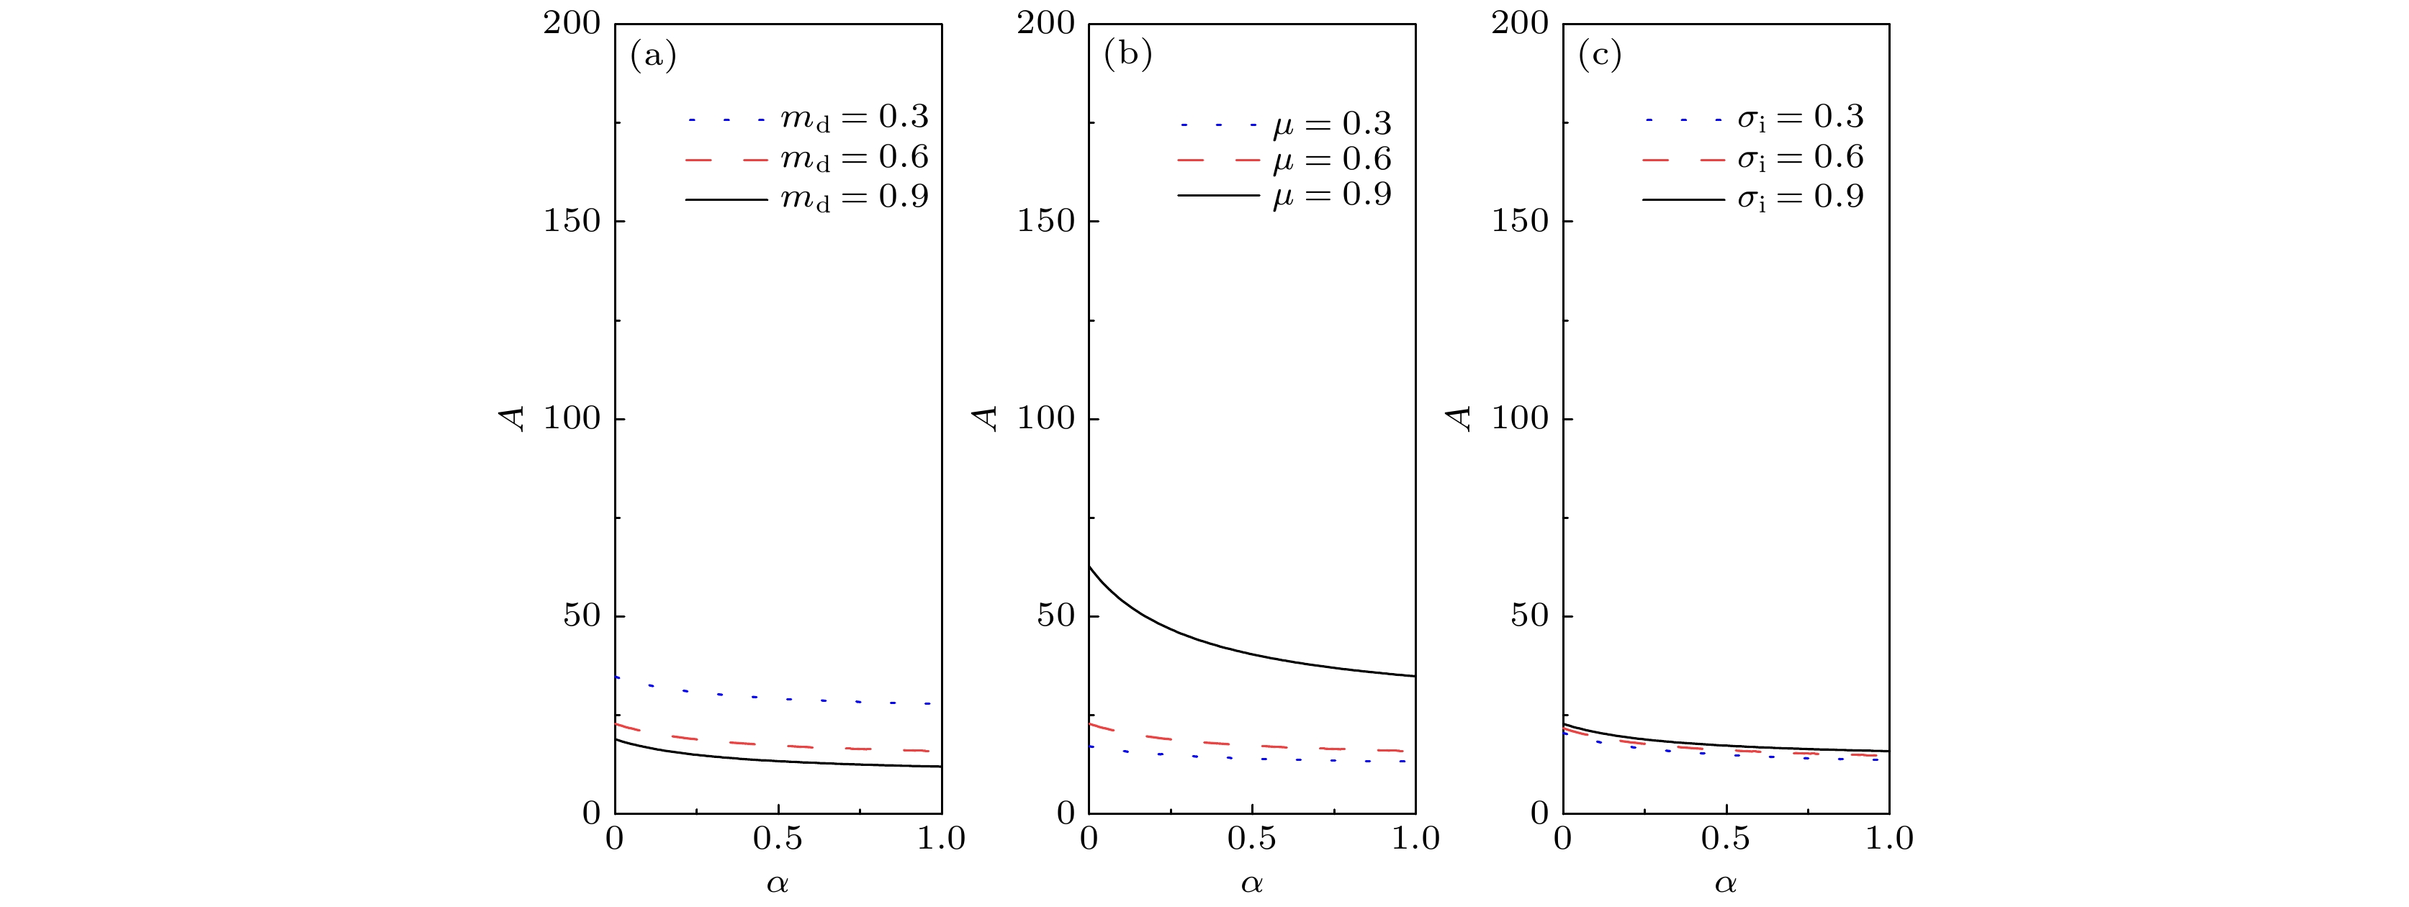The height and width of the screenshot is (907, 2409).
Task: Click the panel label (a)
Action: pyautogui.click(x=653, y=56)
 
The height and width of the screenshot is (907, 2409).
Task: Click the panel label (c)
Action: pyautogui.click(x=1599, y=56)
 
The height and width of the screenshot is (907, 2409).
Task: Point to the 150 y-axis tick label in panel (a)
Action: pyautogui.click(x=572, y=222)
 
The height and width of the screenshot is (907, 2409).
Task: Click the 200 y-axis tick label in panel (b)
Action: pyautogui.click(x=1045, y=23)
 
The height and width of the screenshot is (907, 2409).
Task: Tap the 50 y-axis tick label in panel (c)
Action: pyautogui.click(x=1529, y=616)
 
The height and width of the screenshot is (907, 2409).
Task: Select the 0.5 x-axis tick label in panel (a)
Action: pyautogui.click(x=777, y=839)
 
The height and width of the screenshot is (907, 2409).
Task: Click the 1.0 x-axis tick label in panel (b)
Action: pyautogui.click(x=1414, y=839)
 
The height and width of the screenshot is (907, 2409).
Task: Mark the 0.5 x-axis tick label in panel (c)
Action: pyautogui.click(x=1725, y=839)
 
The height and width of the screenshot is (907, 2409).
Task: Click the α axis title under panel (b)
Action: pyautogui.click(x=1251, y=883)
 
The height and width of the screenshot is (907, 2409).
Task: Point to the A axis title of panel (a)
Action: pyautogui.click(x=513, y=418)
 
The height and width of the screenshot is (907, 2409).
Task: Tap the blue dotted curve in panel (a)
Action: pyautogui.click(x=754, y=698)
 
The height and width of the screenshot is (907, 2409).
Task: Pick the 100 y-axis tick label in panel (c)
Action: pyautogui.click(x=1520, y=419)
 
